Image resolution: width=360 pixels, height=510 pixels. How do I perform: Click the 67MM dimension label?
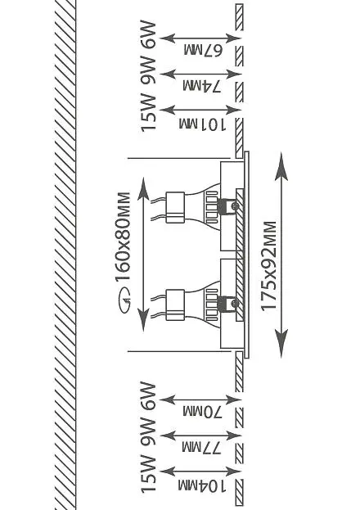pos(203,51)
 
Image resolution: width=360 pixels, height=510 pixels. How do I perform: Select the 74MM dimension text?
pos(202,87)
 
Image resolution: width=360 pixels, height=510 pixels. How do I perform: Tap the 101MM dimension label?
pos(202,124)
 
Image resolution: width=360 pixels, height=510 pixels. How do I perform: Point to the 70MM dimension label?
pos(202,412)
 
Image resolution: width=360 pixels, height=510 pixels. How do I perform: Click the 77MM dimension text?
pos(201,448)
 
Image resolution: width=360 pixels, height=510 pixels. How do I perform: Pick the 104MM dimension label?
pos(202,486)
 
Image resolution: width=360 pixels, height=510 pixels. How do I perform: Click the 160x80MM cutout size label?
pos(124,237)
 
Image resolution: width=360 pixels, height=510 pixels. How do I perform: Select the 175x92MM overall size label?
pos(269,266)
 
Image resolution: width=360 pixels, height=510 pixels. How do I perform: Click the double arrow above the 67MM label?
pos(200,38)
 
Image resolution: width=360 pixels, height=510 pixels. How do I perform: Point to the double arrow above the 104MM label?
pos(200,472)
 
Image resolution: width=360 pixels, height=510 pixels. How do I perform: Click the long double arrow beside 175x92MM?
pos(281,255)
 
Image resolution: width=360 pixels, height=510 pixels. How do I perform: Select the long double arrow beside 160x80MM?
pos(143,255)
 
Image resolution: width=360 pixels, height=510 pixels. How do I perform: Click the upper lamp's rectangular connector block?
pos(175,208)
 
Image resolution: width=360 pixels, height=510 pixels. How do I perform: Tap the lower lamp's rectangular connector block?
pos(175,305)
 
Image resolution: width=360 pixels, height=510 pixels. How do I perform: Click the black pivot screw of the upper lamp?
pos(234,206)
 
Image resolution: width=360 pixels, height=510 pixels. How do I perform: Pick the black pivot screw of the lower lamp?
pos(234,304)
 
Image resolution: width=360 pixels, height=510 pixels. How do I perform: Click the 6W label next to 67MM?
pos(149,35)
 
